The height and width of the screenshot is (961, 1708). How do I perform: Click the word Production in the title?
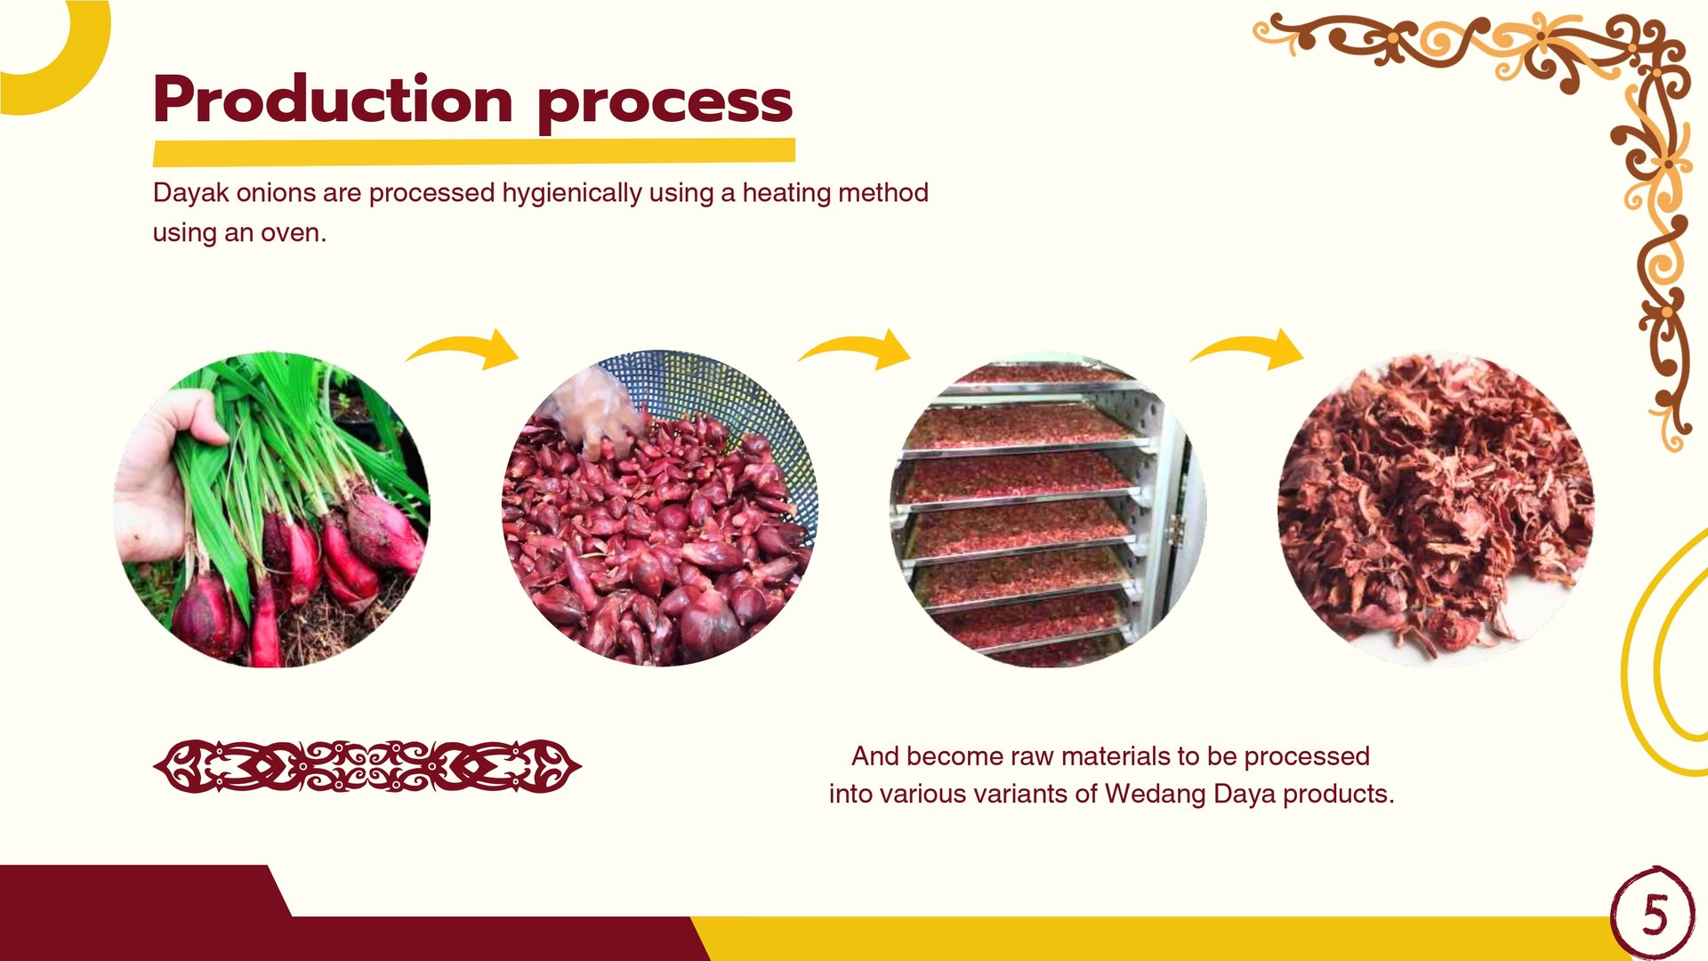click(333, 99)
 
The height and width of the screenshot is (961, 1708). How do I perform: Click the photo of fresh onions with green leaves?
click(272, 509)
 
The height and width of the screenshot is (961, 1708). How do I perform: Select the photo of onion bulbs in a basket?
click(659, 508)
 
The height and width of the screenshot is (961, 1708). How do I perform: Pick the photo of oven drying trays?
click(1048, 509)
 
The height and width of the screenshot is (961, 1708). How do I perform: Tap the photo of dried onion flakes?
click(1436, 509)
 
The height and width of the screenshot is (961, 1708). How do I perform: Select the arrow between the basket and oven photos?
click(856, 347)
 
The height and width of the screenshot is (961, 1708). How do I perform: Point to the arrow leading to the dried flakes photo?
click(1247, 347)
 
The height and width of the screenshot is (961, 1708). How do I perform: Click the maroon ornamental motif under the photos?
click(367, 766)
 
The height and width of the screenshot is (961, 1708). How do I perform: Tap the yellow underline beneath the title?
click(474, 152)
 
